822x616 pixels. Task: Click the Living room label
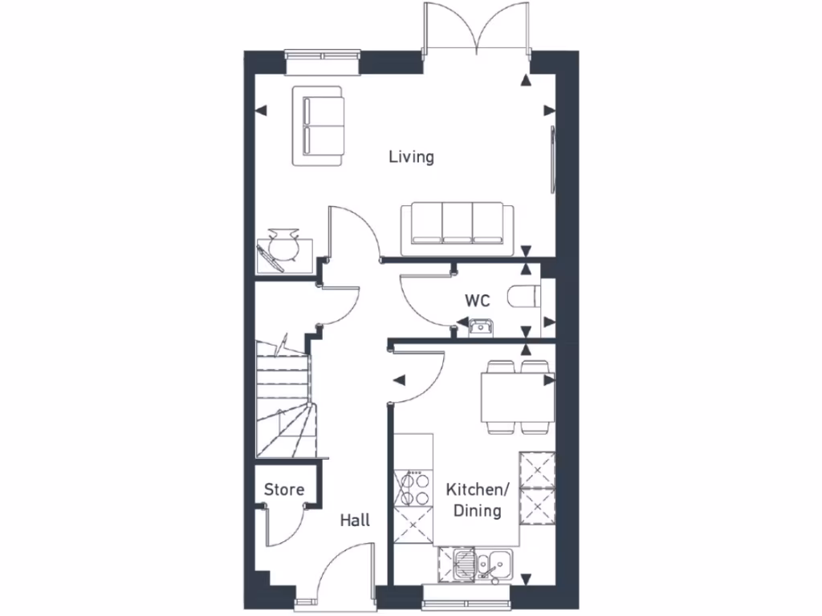tap(411, 156)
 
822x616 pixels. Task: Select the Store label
tap(284, 489)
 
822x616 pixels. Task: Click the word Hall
tap(355, 521)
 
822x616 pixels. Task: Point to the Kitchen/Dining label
tap(478, 500)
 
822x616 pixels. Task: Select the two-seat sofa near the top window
tap(319, 126)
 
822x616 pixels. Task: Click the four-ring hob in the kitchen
tap(413, 487)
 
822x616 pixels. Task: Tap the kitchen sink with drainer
tap(477, 565)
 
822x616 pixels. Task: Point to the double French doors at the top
tap(477, 32)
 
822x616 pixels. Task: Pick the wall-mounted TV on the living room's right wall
tap(552, 159)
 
